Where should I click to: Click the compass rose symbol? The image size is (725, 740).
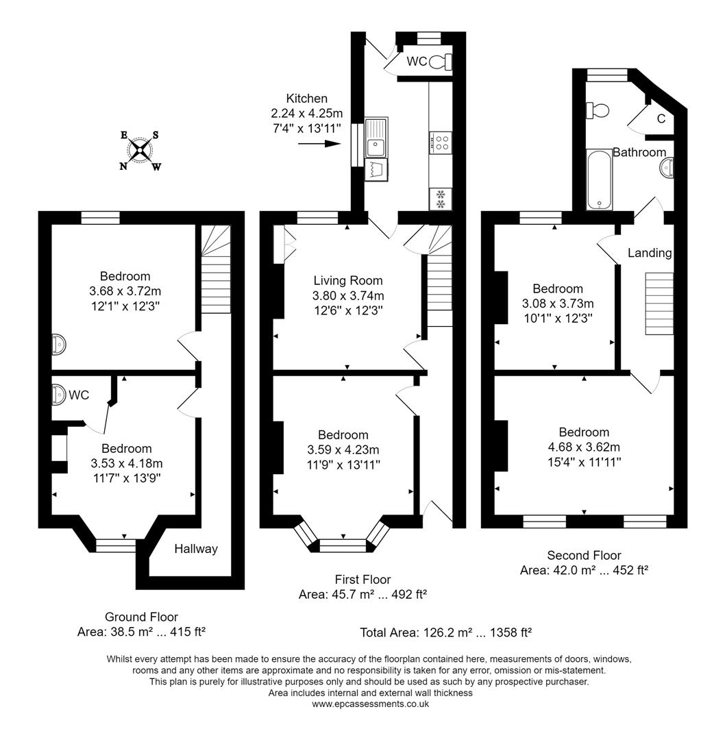pos(141,150)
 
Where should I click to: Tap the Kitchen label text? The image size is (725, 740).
pos(306,99)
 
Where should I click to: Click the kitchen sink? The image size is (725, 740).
pos(376,137)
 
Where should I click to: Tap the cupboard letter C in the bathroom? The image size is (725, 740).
pos(661,119)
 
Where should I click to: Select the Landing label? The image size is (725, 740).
pos(650,253)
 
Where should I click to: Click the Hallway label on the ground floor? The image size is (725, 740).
pos(195,548)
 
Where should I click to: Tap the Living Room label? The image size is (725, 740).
pos(348,280)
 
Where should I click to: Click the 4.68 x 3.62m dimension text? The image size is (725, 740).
pos(584,447)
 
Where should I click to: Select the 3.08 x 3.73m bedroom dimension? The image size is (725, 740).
pos(558,304)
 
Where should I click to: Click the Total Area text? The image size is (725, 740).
pos(446,632)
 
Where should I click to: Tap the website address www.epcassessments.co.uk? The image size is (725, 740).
pos(370,704)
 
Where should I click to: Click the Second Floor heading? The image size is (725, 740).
pos(584,555)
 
